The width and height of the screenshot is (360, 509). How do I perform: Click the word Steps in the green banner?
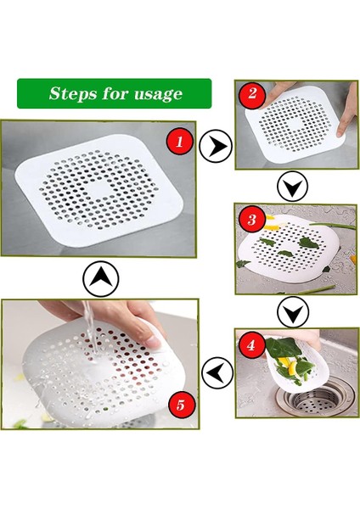73,93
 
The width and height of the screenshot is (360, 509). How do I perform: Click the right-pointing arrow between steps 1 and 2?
216,148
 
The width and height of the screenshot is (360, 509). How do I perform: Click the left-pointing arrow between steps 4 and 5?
216,370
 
